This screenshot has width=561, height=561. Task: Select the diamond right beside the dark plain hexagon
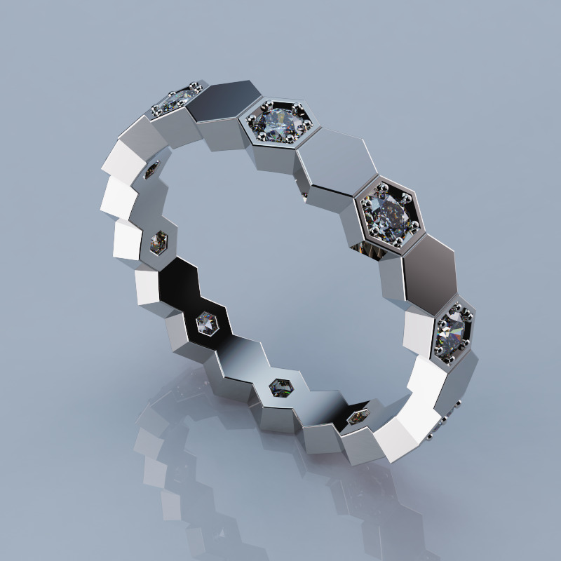(x=275, y=123)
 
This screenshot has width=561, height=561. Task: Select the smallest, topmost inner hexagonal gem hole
(x=151, y=170)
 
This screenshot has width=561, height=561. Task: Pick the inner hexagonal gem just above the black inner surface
(x=159, y=242)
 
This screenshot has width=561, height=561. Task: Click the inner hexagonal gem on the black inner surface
(x=206, y=323)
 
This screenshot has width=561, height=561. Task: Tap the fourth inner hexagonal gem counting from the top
(x=281, y=386)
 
